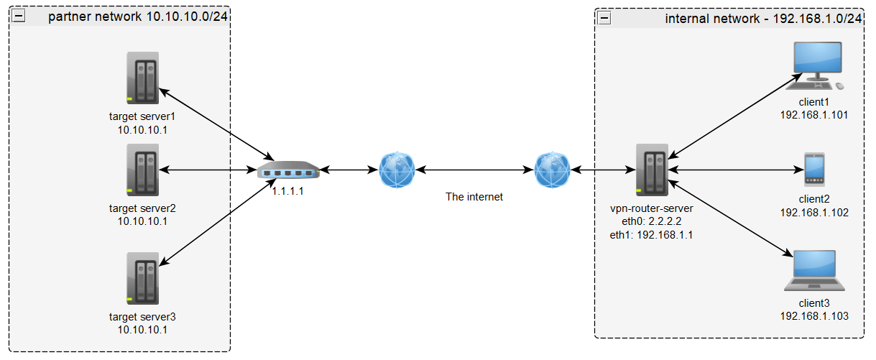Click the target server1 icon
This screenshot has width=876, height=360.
[x=142, y=78]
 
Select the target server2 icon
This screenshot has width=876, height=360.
[x=142, y=170]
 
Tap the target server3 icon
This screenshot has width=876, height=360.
[x=142, y=278]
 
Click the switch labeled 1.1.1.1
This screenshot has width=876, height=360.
[x=288, y=171]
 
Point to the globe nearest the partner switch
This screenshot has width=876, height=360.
[x=397, y=170]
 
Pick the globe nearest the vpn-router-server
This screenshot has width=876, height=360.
[x=553, y=170]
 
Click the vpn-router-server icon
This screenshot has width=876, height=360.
[x=653, y=170]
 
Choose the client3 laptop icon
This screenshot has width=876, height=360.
[x=814, y=270]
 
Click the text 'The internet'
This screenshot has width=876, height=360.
[x=474, y=196]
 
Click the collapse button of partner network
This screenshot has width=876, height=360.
[x=19, y=17]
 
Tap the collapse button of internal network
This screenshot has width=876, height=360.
[x=604, y=17]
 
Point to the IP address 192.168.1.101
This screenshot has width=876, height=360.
[x=814, y=114]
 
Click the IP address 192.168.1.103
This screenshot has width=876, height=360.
[x=814, y=315]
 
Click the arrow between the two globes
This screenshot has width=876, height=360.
[x=475, y=170]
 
